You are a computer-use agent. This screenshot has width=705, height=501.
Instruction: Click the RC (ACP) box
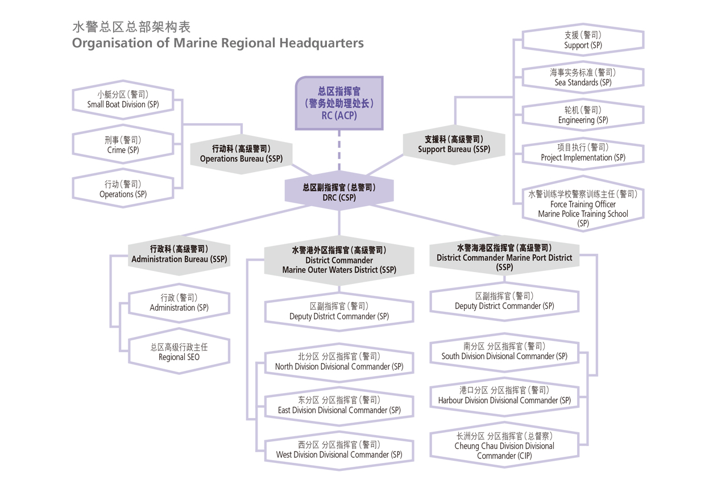339,103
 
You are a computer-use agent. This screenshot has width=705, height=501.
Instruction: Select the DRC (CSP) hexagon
339,192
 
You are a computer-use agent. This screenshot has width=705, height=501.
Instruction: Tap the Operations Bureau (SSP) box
241,153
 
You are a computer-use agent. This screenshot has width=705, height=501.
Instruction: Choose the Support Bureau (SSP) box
454,144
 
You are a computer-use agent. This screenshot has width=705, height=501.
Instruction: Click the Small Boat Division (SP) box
123,99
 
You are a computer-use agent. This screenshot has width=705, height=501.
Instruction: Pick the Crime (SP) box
123,145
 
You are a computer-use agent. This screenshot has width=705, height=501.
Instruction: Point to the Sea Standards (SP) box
583,77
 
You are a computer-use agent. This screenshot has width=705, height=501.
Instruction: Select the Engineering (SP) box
583,115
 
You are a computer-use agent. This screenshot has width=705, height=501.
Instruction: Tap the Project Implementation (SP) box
583,153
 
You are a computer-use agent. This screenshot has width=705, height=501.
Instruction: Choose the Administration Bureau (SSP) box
179,254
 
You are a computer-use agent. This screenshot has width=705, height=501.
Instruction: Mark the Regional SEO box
179,352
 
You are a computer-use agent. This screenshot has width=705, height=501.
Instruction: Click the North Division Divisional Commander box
339,361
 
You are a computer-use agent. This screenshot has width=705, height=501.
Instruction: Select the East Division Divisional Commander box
339,405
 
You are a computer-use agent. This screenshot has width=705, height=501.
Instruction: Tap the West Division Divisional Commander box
339,449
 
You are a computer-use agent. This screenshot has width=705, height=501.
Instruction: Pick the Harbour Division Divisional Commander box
504,395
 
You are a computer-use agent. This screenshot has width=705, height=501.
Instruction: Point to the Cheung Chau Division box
504,446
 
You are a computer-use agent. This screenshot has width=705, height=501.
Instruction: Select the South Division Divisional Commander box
504,351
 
